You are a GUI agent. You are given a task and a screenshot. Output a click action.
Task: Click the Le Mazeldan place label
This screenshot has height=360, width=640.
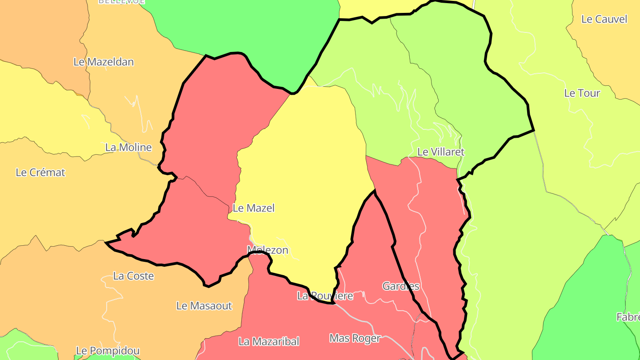click(104, 62)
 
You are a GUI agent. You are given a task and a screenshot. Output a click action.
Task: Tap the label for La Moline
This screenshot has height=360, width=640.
click(128, 147)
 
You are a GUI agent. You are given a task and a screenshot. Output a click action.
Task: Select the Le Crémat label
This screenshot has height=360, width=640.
click(40, 172)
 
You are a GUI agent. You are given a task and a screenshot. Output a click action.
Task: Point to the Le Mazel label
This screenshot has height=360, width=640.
click(254, 208)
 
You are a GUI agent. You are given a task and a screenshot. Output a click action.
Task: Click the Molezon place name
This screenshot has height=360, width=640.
click(268, 250)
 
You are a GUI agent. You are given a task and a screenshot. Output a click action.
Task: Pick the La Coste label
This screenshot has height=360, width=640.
click(133, 276)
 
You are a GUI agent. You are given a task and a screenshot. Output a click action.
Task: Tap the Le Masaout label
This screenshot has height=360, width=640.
click(204, 306)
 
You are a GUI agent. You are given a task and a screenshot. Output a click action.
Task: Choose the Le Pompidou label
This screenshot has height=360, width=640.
click(108, 351)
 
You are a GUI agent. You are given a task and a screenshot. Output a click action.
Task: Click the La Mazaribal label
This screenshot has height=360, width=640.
click(269, 341)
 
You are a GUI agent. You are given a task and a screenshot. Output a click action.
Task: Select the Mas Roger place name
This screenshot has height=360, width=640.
click(355, 338)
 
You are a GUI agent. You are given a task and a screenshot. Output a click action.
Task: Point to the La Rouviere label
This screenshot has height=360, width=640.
click(325, 296)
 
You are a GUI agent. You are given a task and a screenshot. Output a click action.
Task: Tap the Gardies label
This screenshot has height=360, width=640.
click(401, 286)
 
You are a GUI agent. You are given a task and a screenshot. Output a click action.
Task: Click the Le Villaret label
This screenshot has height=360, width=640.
click(440, 152)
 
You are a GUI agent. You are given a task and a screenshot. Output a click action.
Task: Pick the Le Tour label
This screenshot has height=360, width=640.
click(582, 93)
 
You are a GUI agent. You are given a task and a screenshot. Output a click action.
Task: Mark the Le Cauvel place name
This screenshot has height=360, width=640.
click(604, 19)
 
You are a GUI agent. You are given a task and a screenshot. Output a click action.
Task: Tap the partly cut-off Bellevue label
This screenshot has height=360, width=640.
click(121, 2)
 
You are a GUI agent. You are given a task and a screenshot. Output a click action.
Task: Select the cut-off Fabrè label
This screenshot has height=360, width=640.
click(628, 317)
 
